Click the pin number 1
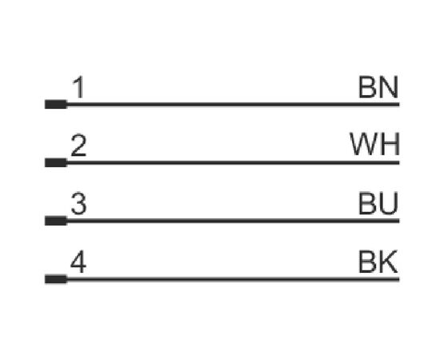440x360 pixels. coord(78,87)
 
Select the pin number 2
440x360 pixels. coord(78,146)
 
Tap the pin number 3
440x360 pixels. coord(78,203)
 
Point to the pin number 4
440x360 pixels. coord(78,262)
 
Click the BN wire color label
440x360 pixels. coord(378,87)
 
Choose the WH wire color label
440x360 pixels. coord(374,145)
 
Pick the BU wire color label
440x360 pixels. coord(378,203)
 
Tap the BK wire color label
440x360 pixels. coord(378,262)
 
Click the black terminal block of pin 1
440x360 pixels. coord(56,104)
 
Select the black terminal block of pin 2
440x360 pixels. coord(56,162)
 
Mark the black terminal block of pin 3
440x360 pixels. coord(56,221)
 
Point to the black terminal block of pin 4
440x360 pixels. coord(56,279)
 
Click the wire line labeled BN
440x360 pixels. coord(233,104)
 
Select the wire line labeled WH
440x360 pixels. coord(233,162)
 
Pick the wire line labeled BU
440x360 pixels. coord(233,221)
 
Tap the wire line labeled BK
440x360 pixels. coord(233,279)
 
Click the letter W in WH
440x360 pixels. coord(365,145)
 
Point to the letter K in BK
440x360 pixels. coord(389,262)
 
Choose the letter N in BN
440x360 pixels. coord(390,87)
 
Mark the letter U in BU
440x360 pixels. coord(390,203)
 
